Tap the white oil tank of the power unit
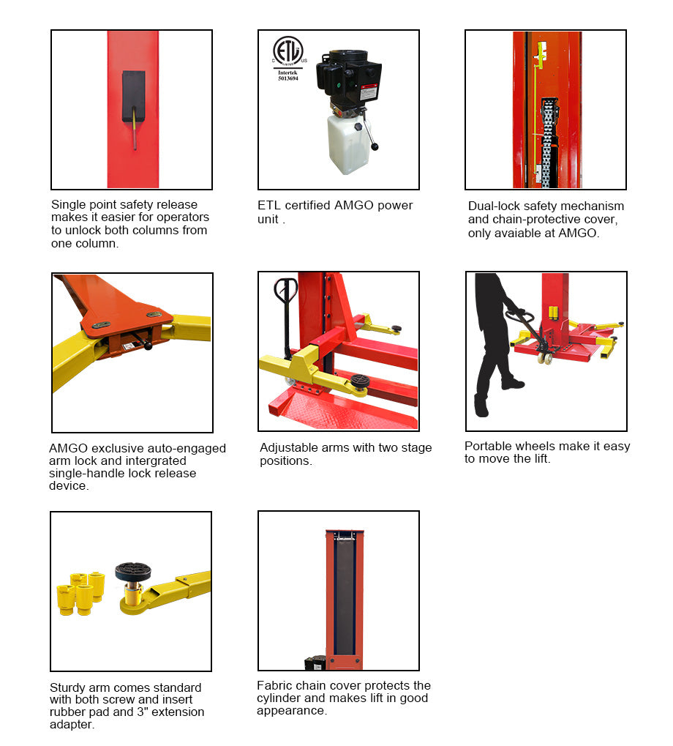349,143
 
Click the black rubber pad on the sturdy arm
132,571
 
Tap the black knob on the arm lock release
148,345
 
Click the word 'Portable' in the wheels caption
489,447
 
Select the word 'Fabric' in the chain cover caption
274,686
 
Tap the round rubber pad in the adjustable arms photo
358,379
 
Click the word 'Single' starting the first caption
68,205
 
